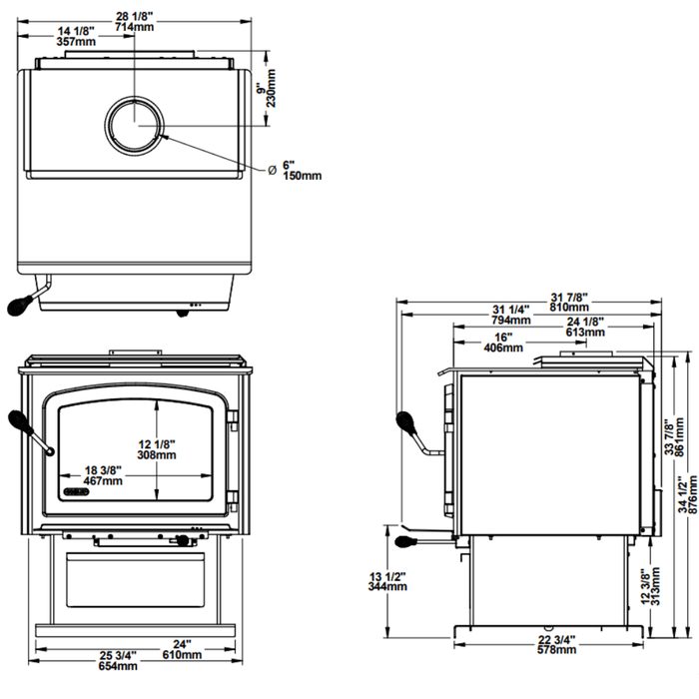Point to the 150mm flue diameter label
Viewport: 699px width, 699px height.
click(x=301, y=176)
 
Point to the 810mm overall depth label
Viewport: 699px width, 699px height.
click(x=570, y=308)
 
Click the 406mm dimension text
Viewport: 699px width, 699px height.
click(x=503, y=349)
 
